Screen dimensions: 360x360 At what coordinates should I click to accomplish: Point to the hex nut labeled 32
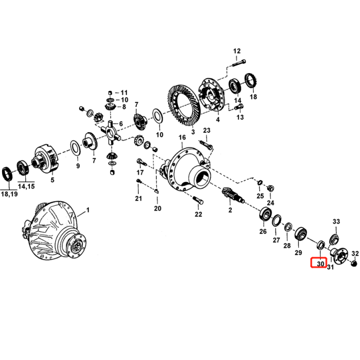354,263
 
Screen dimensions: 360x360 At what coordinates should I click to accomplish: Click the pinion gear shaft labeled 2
232,195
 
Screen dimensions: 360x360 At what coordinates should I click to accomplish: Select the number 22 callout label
199,214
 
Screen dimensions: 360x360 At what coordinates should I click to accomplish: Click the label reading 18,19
9,194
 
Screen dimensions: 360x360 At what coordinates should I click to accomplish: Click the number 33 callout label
336,221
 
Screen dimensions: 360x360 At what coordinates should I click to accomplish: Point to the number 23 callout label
207,131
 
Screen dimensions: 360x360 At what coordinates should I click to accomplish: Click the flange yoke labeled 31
338,255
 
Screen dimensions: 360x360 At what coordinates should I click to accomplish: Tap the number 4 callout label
218,120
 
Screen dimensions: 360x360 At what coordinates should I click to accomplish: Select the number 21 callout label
138,199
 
